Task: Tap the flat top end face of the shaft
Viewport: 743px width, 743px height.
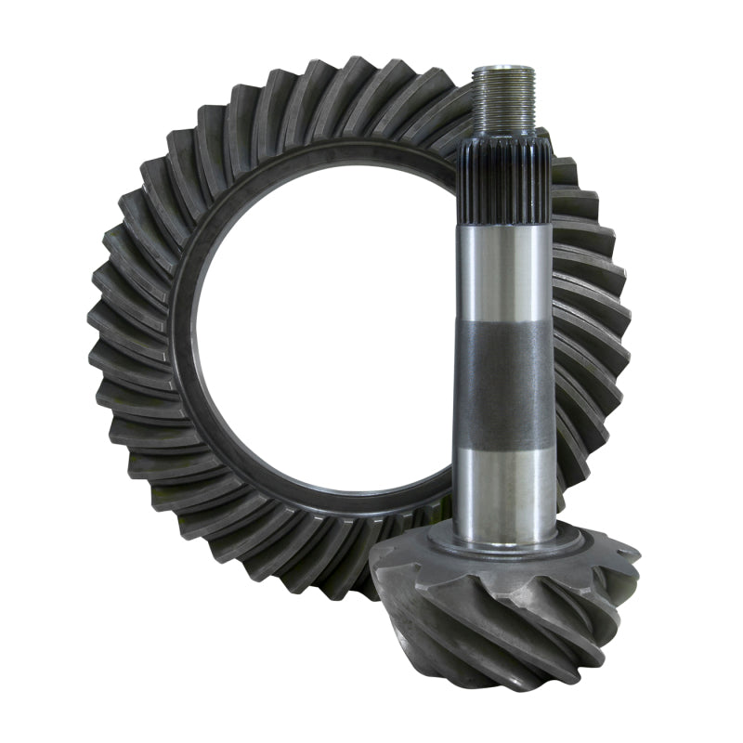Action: click(502, 70)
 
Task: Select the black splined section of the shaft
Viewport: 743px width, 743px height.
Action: click(503, 181)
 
